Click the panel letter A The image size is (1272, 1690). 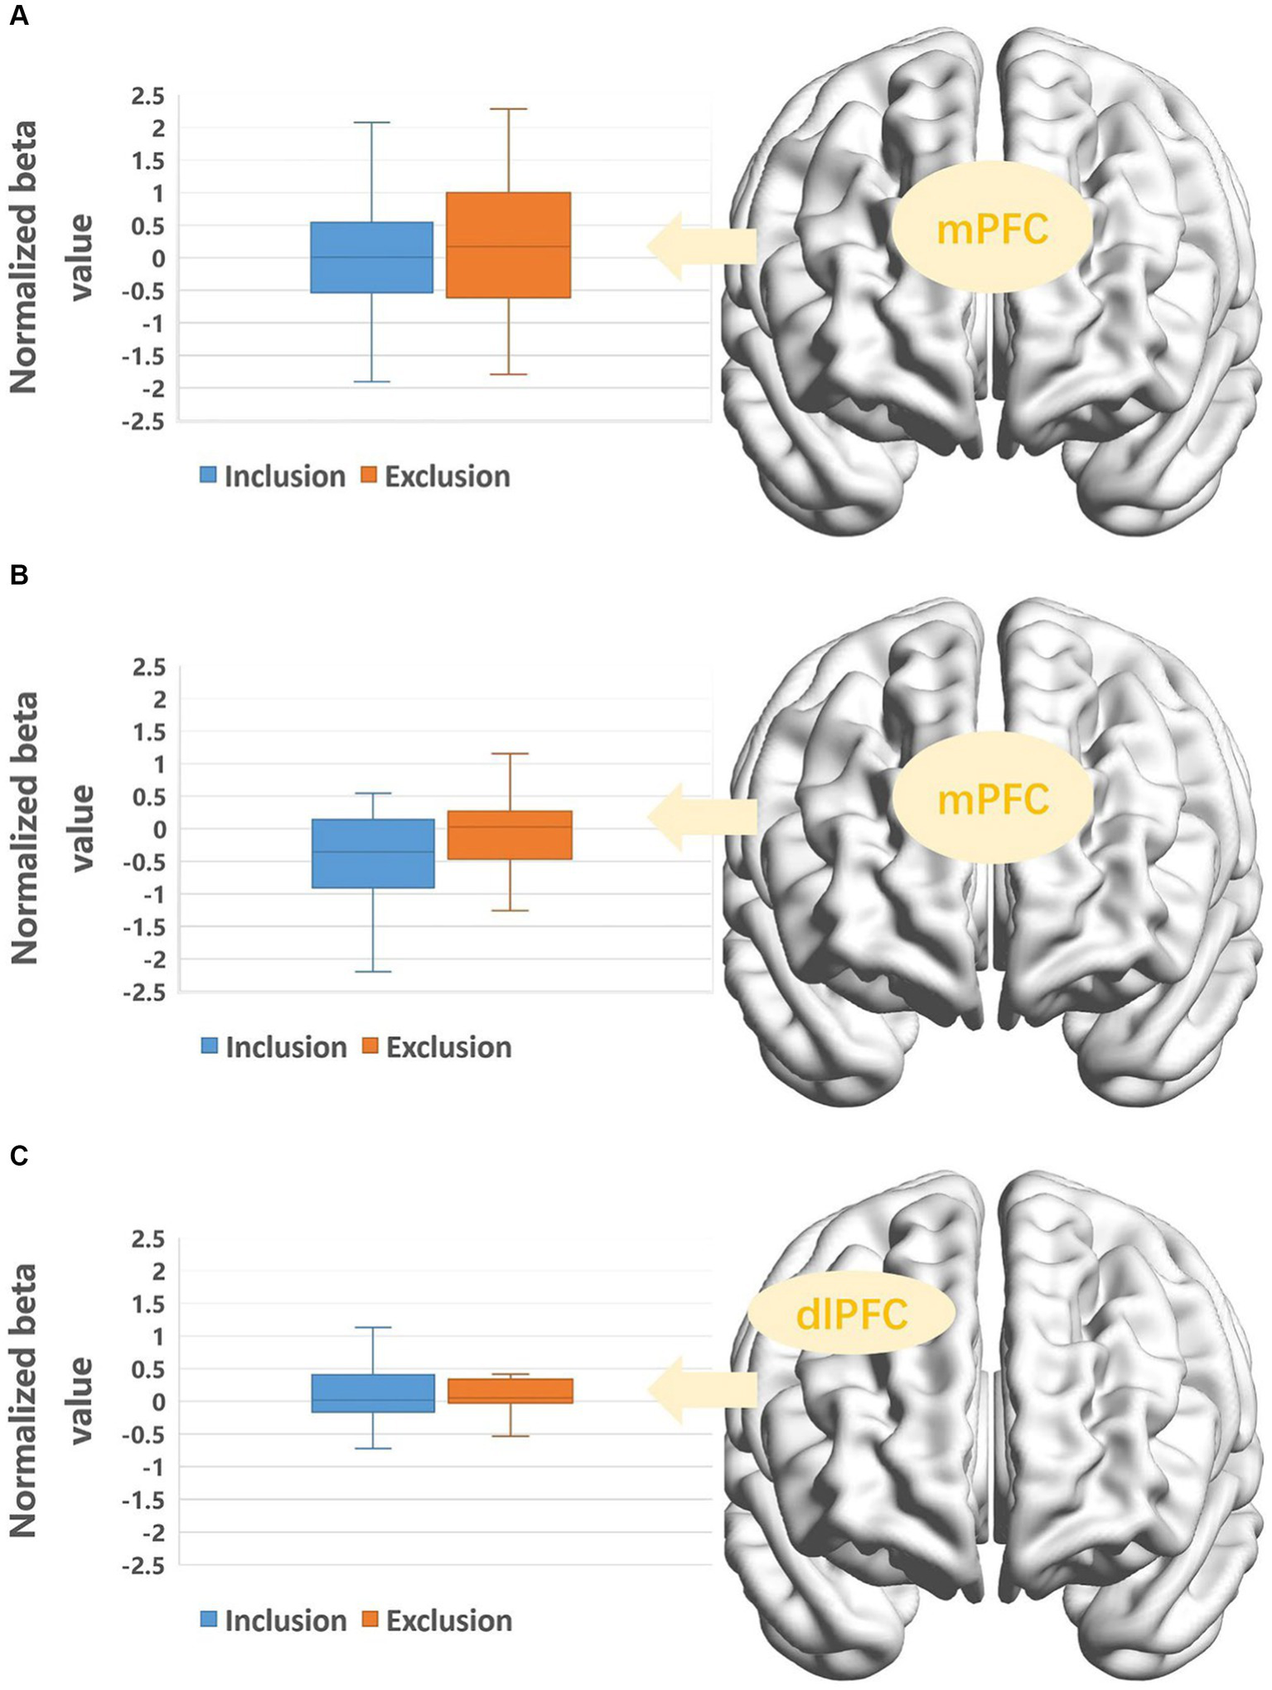pyautogui.click(x=18, y=16)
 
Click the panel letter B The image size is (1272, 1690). pyautogui.click(x=18, y=575)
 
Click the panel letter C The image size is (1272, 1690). pyautogui.click(x=18, y=1155)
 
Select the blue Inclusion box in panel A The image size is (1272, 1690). pyautogui.click(x=371, y=258)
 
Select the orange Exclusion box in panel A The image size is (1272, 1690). pyautogui.click(x=508, y=245)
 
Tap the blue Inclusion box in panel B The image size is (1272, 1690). pyautogui.click(x=372, y=853)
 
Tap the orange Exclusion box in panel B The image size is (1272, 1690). pyautogui.click(x=510, y=835)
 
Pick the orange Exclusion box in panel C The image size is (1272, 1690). pyautogui.click(x=510, y=1391)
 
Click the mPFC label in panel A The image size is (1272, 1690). pyautogui.click(x=992, y=229)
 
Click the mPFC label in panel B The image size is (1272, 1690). pyautogui.click(x=993, y=800)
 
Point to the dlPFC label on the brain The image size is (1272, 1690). pyautogui.click(x=851, y=1316)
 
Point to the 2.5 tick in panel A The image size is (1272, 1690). pyautogui.click(x=148, y=97)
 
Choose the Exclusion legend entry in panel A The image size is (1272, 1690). pyautogui.click(x=436, y=476)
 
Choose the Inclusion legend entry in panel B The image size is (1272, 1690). pyautogui.click(x=274, y=1047)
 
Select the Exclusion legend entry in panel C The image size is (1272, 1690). pyautogui.click(x=438, y=1620)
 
